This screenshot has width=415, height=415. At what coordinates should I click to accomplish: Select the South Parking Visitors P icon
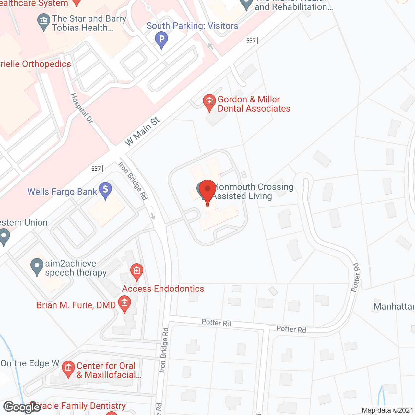pyautogui.click(x=161, y=40)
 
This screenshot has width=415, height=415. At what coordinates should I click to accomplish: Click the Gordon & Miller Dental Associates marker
pyautogui.click(x=209, y=102)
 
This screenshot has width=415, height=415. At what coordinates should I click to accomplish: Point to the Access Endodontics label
pyautogui.click(x=163, y=289)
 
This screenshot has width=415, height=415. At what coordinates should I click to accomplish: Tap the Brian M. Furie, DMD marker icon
pyautogui.click(x=124, y=304)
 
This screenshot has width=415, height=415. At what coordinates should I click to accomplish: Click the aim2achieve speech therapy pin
pyautogui.click(x=37, y=267)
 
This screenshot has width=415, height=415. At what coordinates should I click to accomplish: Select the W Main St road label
pyautogui.click(x=142, y=131)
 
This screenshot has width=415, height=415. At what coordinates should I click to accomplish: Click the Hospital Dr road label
pyautogui.click(x=82, y=108)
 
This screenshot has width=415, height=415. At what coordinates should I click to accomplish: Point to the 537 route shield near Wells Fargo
pyautogui.click(x=96, y=169)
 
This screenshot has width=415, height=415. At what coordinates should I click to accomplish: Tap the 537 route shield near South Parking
pyautogui.click(x=251, y=41)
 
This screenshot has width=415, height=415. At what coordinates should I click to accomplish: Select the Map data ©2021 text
pyautogui.click(x=387, y=410)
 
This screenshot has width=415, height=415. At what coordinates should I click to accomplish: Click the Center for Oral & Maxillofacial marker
pyautogui.click(x=68, y=369)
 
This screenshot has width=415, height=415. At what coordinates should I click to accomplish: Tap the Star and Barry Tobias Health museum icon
pyautogui.click(x=43, y=21)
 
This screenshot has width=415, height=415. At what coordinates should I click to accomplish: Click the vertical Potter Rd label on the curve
pyautogui.click(x=356, y=277)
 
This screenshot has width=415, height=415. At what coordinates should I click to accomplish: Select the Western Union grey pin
pyautogui.click(x=4, y=237)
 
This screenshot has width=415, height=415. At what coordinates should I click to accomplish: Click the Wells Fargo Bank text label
pyautogui.click(x=62, y=192)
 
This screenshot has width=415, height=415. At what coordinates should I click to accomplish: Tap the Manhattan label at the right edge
pyautogui.click(x=394, y=306)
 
